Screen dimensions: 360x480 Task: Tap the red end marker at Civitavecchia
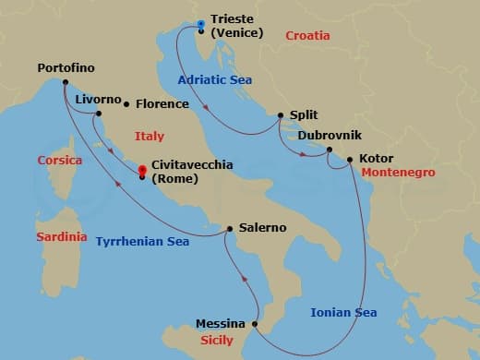click(141, 171)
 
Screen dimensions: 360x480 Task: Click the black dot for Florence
click(126, 104)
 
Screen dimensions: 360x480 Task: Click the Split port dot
click(280, 115)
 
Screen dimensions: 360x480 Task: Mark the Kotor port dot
click(350, 159)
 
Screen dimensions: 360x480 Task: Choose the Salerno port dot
click(228, 228)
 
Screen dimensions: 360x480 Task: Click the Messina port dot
click(252, 324)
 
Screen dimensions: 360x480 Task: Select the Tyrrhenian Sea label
click(142, 242)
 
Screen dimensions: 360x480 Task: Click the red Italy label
click(149, 137)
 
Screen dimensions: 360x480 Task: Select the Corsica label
click(59, 161)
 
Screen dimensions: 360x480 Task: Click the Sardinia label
click(61, 237)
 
